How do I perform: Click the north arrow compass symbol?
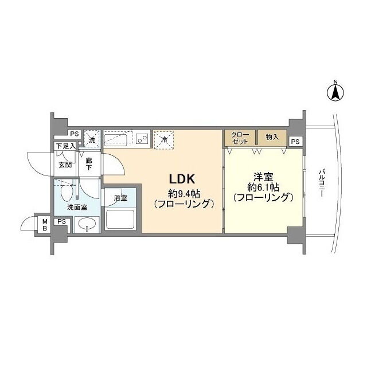pyautogui.click(x=335, y=92)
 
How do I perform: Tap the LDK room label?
pyautogui.click(x=182, y=179)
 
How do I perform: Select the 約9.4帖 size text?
pyautogui.click(x=184, y=194)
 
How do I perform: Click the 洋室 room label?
pyautogui.click(x=263, y=177)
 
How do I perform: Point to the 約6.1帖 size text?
pyautogui.click(x=263, y=187)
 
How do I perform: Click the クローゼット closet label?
pyautogui.click(x=240, y=138)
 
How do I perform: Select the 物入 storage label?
pyautogui.click(x=272, y=137)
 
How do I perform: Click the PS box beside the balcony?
pyautogui.click(x=295, y=142)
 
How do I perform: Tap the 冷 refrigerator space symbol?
pyautogui.click(x=164, y=140)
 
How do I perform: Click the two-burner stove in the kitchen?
pyautogui.click(x=142, y=139)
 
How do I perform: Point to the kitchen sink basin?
pyautogui.click(x=115, y=139)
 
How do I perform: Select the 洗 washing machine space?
pyautogui.click(x=92, y=139)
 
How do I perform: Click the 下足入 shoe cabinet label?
pyautogui.click(x=66, y=147)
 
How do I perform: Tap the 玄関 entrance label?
pyautogui.click(x=65, y=165)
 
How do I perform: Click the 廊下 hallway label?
pyautogui.click(x=89, y=164)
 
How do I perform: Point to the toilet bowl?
pyautogui.click(x=66, y=193)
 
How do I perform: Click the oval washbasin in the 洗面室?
pyautogui.click(x=87, y=224)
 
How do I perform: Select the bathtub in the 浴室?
pyautogui.click(x=120, y=220)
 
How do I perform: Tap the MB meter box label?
pyautogui.click(x=45, y=225)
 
